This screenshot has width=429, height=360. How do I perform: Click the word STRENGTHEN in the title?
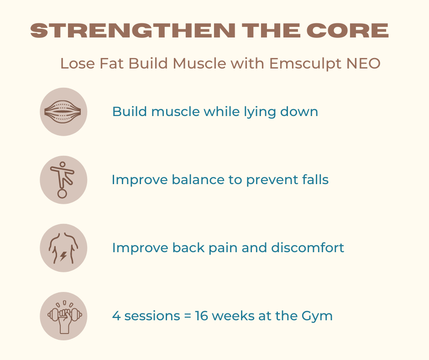133,31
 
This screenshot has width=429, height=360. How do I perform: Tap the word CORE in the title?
347,31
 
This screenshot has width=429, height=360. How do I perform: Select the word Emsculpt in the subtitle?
305,64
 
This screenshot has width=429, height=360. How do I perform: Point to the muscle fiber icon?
63,112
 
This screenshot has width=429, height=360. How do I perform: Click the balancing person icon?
63,180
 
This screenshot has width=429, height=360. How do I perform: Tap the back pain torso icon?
63,248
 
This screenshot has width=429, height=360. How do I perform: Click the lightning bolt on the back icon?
63,256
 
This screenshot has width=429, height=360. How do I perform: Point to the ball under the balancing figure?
62,194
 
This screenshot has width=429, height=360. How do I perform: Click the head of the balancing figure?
63,164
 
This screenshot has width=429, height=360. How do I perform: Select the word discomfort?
308,248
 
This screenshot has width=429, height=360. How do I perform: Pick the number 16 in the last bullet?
201,316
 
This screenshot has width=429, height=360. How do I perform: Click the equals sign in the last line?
188,316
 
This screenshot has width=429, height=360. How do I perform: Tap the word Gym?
317,317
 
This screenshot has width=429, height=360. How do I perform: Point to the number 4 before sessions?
116,316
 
